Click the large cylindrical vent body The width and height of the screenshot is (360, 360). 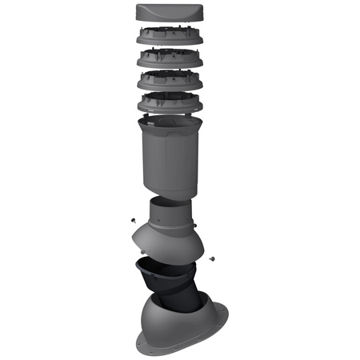(167, 160)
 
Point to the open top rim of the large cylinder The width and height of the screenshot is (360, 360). (167, 121)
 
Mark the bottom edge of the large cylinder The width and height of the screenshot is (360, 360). (167, 195)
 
